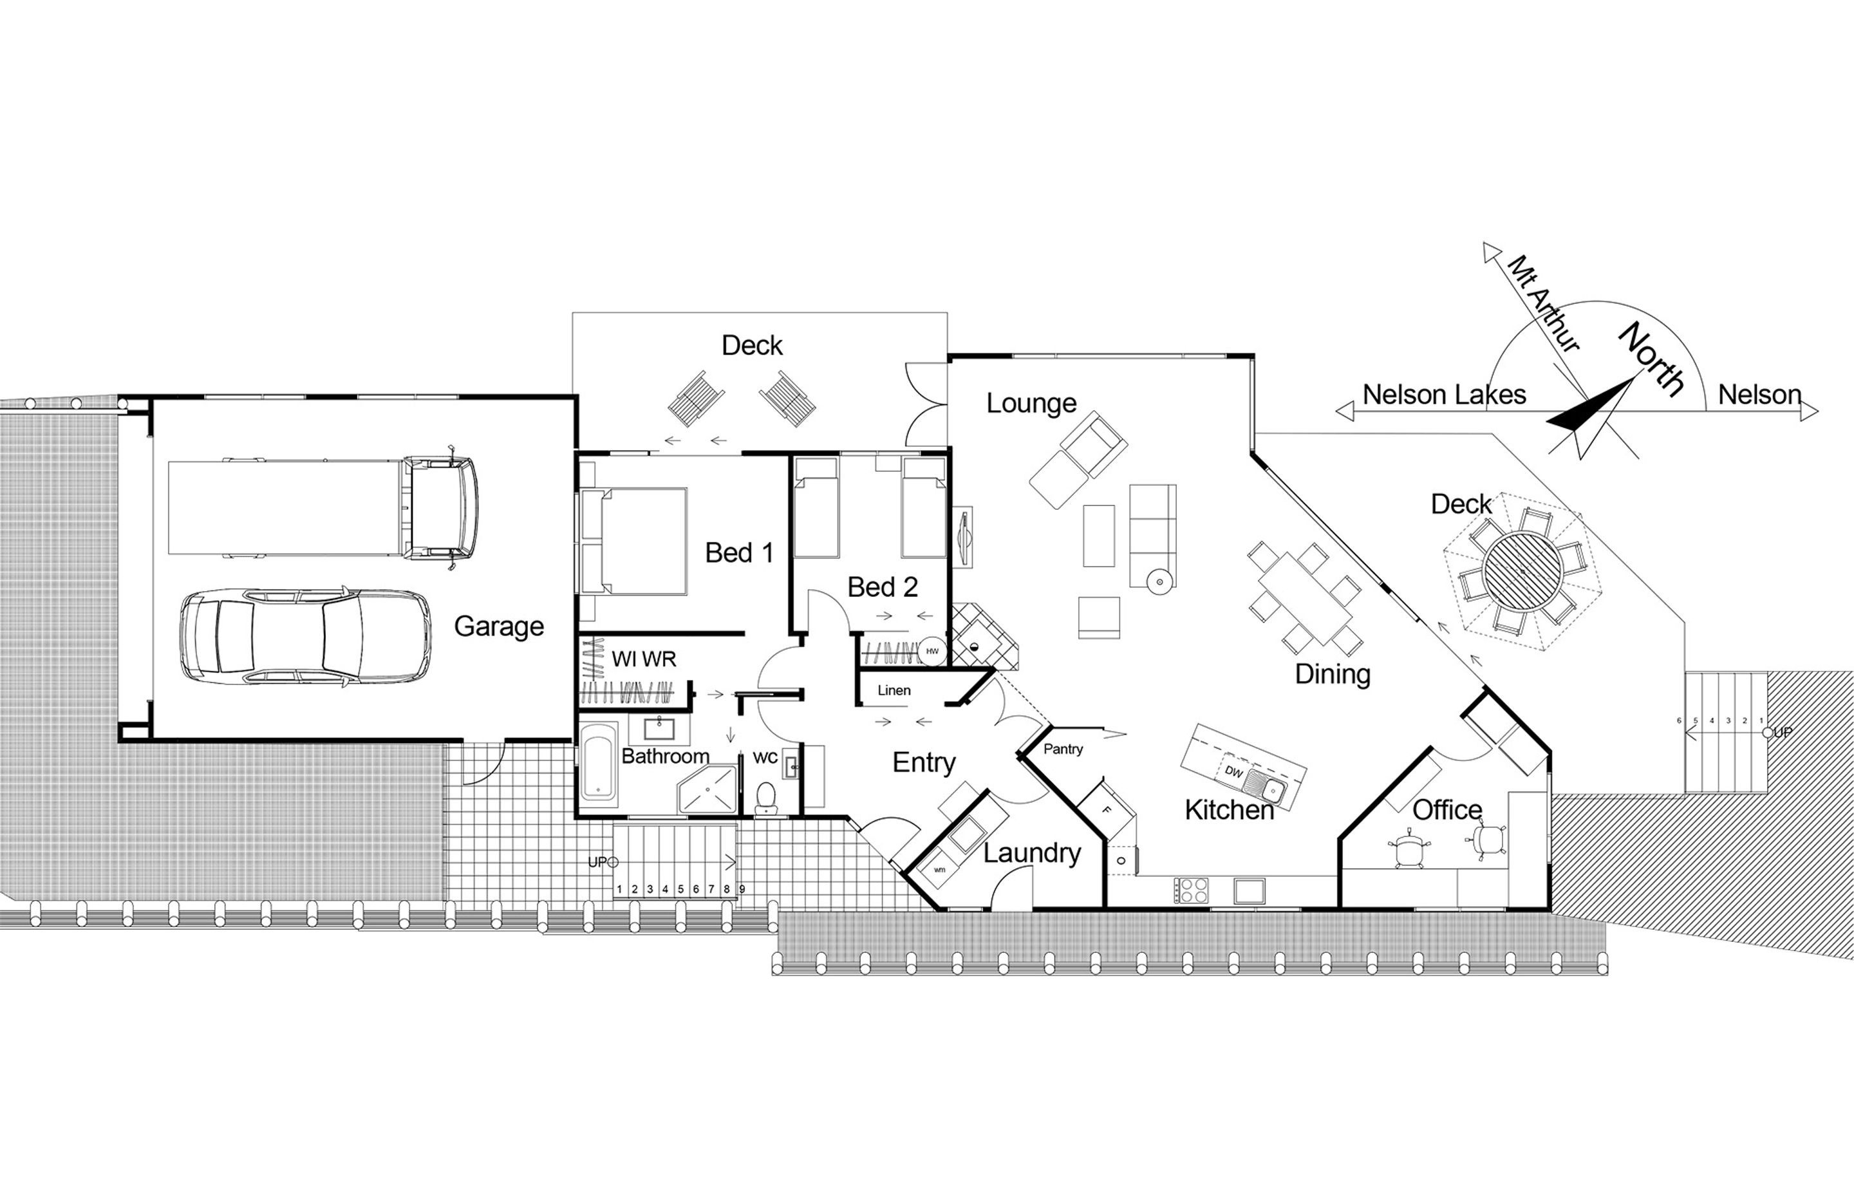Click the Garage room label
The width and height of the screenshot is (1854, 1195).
[499, 626]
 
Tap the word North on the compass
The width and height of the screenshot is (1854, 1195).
[1653, 359]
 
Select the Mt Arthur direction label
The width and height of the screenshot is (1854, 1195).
[1543, 303]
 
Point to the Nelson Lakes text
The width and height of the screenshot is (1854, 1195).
[1445, 395]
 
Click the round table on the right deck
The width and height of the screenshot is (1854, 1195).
[1522, 572]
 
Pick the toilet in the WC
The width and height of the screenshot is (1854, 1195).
[767, 797]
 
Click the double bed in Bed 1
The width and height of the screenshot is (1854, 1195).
[634, 541]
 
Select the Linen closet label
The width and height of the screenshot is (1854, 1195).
[894, 690]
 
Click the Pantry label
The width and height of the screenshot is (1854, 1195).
[1063, 749]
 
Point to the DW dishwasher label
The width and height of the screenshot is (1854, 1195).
[1234, 772]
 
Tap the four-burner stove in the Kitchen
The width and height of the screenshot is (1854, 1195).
[1191, 890]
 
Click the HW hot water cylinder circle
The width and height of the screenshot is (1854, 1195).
[932, 651]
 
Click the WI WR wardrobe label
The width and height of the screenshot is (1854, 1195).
[644, 659]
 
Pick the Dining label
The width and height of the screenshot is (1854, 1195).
[1333, 674]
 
